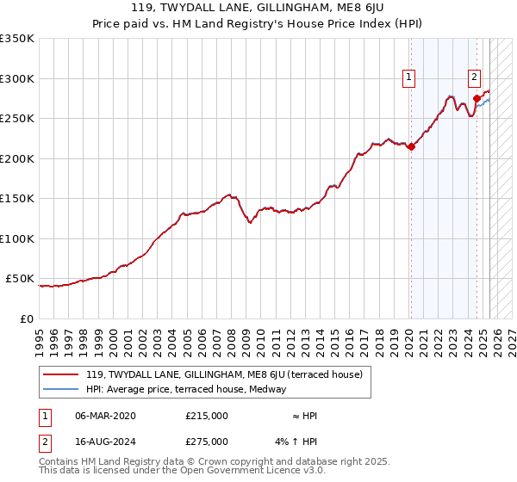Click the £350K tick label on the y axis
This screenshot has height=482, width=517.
pyautogui.click(x=17, y=39)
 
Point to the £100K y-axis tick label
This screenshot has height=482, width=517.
pyautogui.click(x=17, y=238)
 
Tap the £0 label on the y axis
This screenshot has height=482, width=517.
pyautogui.click(x=27, y=318)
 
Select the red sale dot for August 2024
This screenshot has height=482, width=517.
pyautogui.click(x=477, y=98)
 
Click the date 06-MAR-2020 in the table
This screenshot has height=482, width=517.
pyautogui.click(x=106, y=416)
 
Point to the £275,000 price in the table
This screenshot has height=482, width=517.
pyautogui.click(x=207, y=442)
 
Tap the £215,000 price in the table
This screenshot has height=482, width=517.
pyautogui.click(x=207, y=416)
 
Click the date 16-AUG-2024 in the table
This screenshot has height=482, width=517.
pyautogui.click(x=106, y=442)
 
